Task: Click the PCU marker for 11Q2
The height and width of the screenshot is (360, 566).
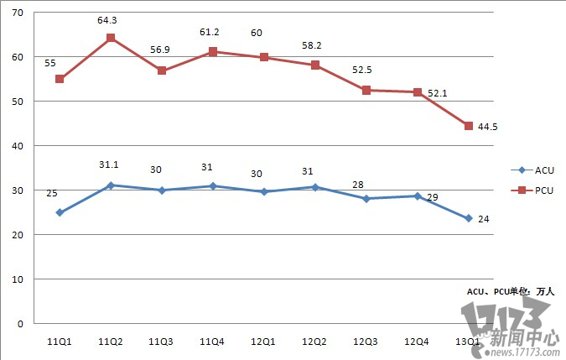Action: point(111,38)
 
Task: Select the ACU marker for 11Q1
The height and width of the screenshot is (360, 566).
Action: point(60,212)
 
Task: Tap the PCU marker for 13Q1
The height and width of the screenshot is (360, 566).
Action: point(469,126)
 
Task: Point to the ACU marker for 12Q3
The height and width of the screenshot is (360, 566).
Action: point(366,199)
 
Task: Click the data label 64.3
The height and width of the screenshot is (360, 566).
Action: point(110,19)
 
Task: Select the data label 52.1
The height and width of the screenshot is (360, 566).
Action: point(437,93)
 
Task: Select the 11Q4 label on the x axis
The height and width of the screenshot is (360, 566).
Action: point(213,342)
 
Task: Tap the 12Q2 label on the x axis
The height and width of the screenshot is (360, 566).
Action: point(315,342)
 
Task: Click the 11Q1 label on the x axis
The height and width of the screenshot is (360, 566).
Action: point(60,342)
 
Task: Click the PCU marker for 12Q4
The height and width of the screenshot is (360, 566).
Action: point(418,92)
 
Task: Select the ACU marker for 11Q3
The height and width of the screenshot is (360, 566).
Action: point(162,190)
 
